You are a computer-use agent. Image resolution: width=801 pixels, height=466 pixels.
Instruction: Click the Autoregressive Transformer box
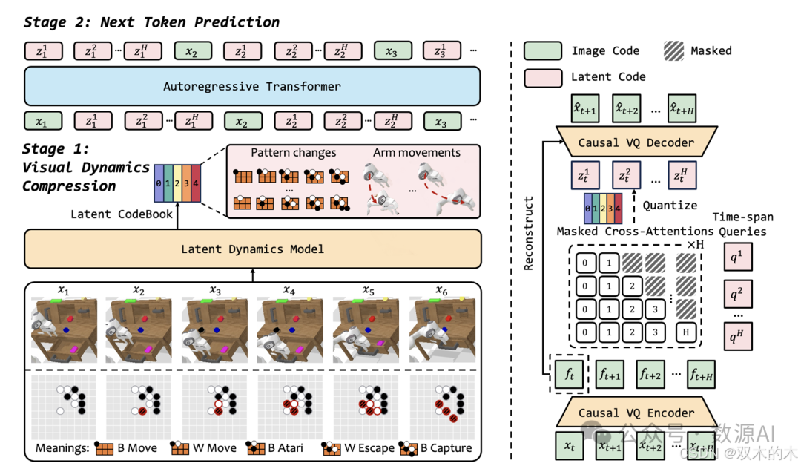[252, 86]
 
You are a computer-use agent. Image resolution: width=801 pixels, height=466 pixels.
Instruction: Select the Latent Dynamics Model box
[252, 249]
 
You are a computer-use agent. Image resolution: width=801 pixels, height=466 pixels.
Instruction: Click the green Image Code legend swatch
[541, 51]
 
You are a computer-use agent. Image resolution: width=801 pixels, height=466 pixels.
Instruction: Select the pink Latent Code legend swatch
[541, 76]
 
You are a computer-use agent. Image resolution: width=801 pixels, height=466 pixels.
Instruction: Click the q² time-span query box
[736, 295]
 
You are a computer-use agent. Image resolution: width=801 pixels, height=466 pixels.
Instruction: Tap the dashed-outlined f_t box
[570, 375]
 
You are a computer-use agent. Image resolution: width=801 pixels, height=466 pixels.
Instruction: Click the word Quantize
[670, 206]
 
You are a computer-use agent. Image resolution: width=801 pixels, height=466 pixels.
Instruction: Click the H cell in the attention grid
[686, 332]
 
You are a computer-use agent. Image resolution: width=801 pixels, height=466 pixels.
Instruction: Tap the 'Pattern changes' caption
[293, 153]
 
